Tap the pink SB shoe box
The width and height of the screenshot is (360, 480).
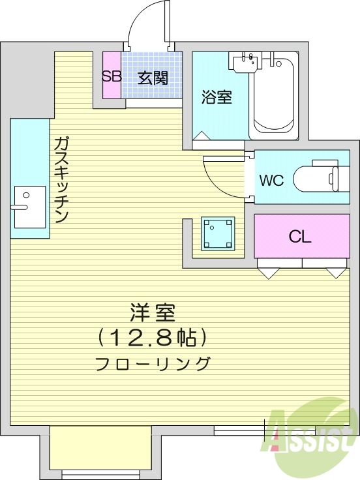click(112, 75)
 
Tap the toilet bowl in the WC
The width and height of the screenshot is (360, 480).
click(316, 178)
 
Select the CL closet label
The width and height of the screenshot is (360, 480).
click(300, 236)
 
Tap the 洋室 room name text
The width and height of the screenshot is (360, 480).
click(152, 314)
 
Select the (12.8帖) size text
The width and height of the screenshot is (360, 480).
click(152, 338)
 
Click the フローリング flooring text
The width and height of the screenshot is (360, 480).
click(152, 363)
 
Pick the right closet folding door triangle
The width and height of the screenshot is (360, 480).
click(338, 273)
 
